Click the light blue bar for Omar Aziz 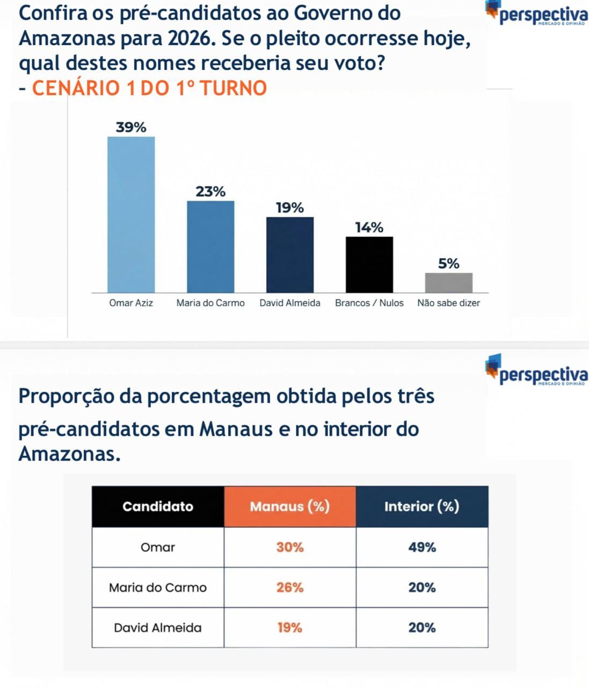131,214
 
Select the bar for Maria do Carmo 210,247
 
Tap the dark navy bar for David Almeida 290,255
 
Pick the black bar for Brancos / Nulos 369,264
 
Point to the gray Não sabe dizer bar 449,283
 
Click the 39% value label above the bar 131,127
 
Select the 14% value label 369,227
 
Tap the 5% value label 449,263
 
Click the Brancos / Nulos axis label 369,303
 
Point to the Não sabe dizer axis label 449,303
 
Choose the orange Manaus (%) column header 290,506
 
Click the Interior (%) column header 422,506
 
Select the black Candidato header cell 158,506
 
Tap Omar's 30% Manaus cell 290,547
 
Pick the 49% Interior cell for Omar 422,547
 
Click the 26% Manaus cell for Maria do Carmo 290,587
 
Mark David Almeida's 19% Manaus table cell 290,627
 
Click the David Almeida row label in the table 158,627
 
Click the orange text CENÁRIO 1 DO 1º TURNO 149,88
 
